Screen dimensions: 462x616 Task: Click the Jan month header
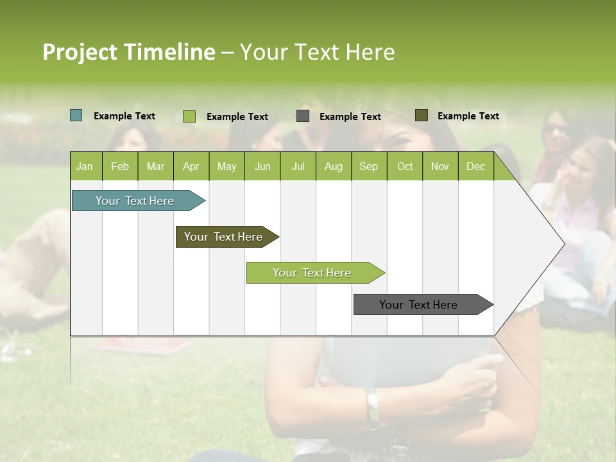[x=85, y=167]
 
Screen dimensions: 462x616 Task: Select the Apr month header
[x=191, y=167]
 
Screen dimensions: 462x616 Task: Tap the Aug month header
[x=334, y=167]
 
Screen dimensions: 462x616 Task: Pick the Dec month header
[x=475, y=167]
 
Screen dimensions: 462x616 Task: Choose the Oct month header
[x=405, y=167]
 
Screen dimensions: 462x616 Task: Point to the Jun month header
[x=262, y=167]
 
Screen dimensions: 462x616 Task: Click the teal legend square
[x=76, y=116]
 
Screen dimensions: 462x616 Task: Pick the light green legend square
[x=189, y=116]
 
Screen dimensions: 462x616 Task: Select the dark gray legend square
[x=303, y=116]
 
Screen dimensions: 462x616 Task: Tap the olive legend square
[x=422, y=116]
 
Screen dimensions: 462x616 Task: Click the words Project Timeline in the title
[x=128, y=52]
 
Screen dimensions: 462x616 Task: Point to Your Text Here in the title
[x=317, y=52]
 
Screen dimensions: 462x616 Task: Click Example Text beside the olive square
[x=468, y=116]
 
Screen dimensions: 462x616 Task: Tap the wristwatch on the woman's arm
[x=372, y=408]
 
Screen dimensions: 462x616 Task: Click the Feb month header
[x=120, y=167]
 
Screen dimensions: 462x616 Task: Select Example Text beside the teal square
[x=124, y=116]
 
